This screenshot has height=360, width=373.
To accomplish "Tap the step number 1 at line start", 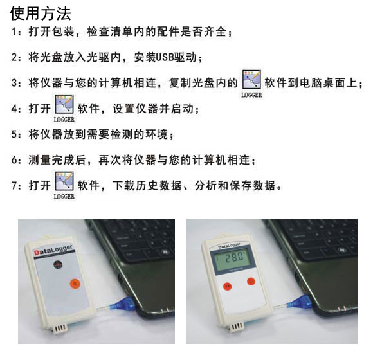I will click(15, 32).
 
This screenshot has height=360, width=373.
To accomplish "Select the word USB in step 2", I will click(165, 58).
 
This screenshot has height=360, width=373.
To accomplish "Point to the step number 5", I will click(15, 134).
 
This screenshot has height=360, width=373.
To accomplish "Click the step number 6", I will click(15, 159).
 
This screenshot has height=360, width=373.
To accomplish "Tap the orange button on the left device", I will click(75, 282).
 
